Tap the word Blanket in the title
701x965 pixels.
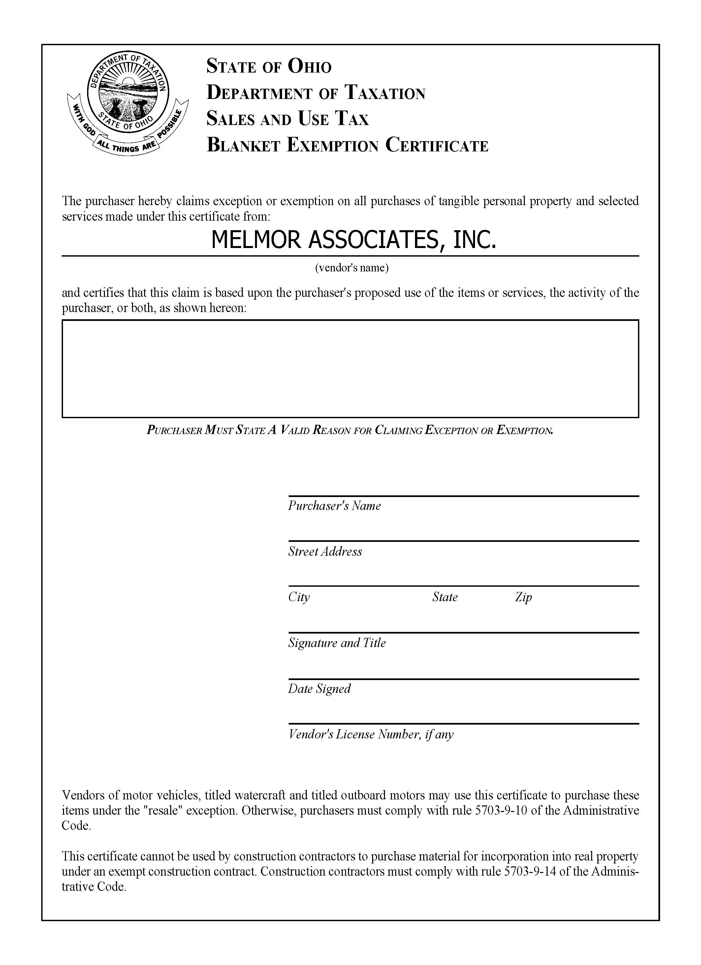click(x=243, y=145)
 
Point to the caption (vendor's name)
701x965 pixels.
click(x=352, y=267)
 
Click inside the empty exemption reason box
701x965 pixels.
click(x=350, y=368)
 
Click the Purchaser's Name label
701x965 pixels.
click(x=334, y=506)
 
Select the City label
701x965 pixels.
click(x=299, y=597)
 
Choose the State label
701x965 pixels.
click(x=445, y=597)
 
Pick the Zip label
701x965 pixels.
click(x=523, y=597)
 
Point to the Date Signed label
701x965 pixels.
click(x=319, y=689)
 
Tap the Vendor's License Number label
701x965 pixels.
click(x=371, y=734)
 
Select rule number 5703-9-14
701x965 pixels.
click(x=529, y=871)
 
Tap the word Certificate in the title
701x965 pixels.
click(x=437, y=145)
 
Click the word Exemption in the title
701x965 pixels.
click(x=333, y=145)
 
